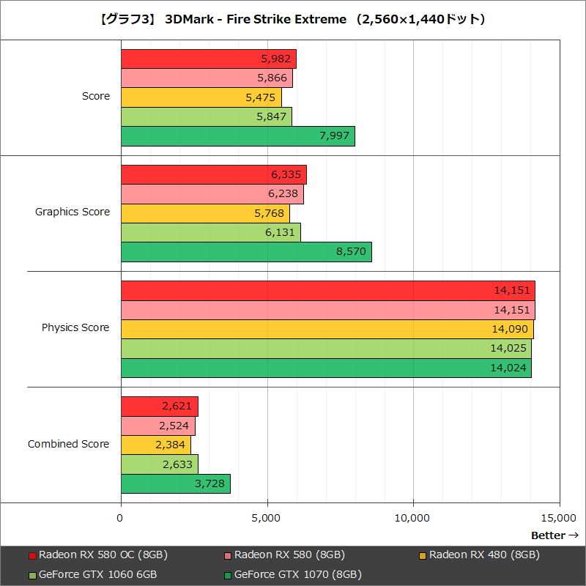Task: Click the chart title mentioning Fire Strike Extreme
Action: [x=292, y=20]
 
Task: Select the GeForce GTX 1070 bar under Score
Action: [x=237, y=136]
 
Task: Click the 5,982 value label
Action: [x=276, y=59]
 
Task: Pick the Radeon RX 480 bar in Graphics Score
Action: [x=205, y=213]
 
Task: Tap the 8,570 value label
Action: [x=351, y=252]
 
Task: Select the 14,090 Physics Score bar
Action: [x=327, y=330]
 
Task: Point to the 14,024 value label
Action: [x=509, y=368]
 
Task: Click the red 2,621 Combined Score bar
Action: [x=159, y=407]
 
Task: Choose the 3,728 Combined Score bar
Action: [x=175, y=484]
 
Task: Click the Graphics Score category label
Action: [x=73, y=212]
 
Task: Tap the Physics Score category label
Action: [x=75, y=328]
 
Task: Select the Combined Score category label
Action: [x=69, y=444]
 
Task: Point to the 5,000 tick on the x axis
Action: [x=267, y=519]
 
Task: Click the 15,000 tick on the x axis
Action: [x=560, y=519]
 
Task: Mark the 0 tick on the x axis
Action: [x=121, y=519]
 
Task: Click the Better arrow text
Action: [x=555, y=535]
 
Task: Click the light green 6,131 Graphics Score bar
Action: [x=210, y=232]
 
